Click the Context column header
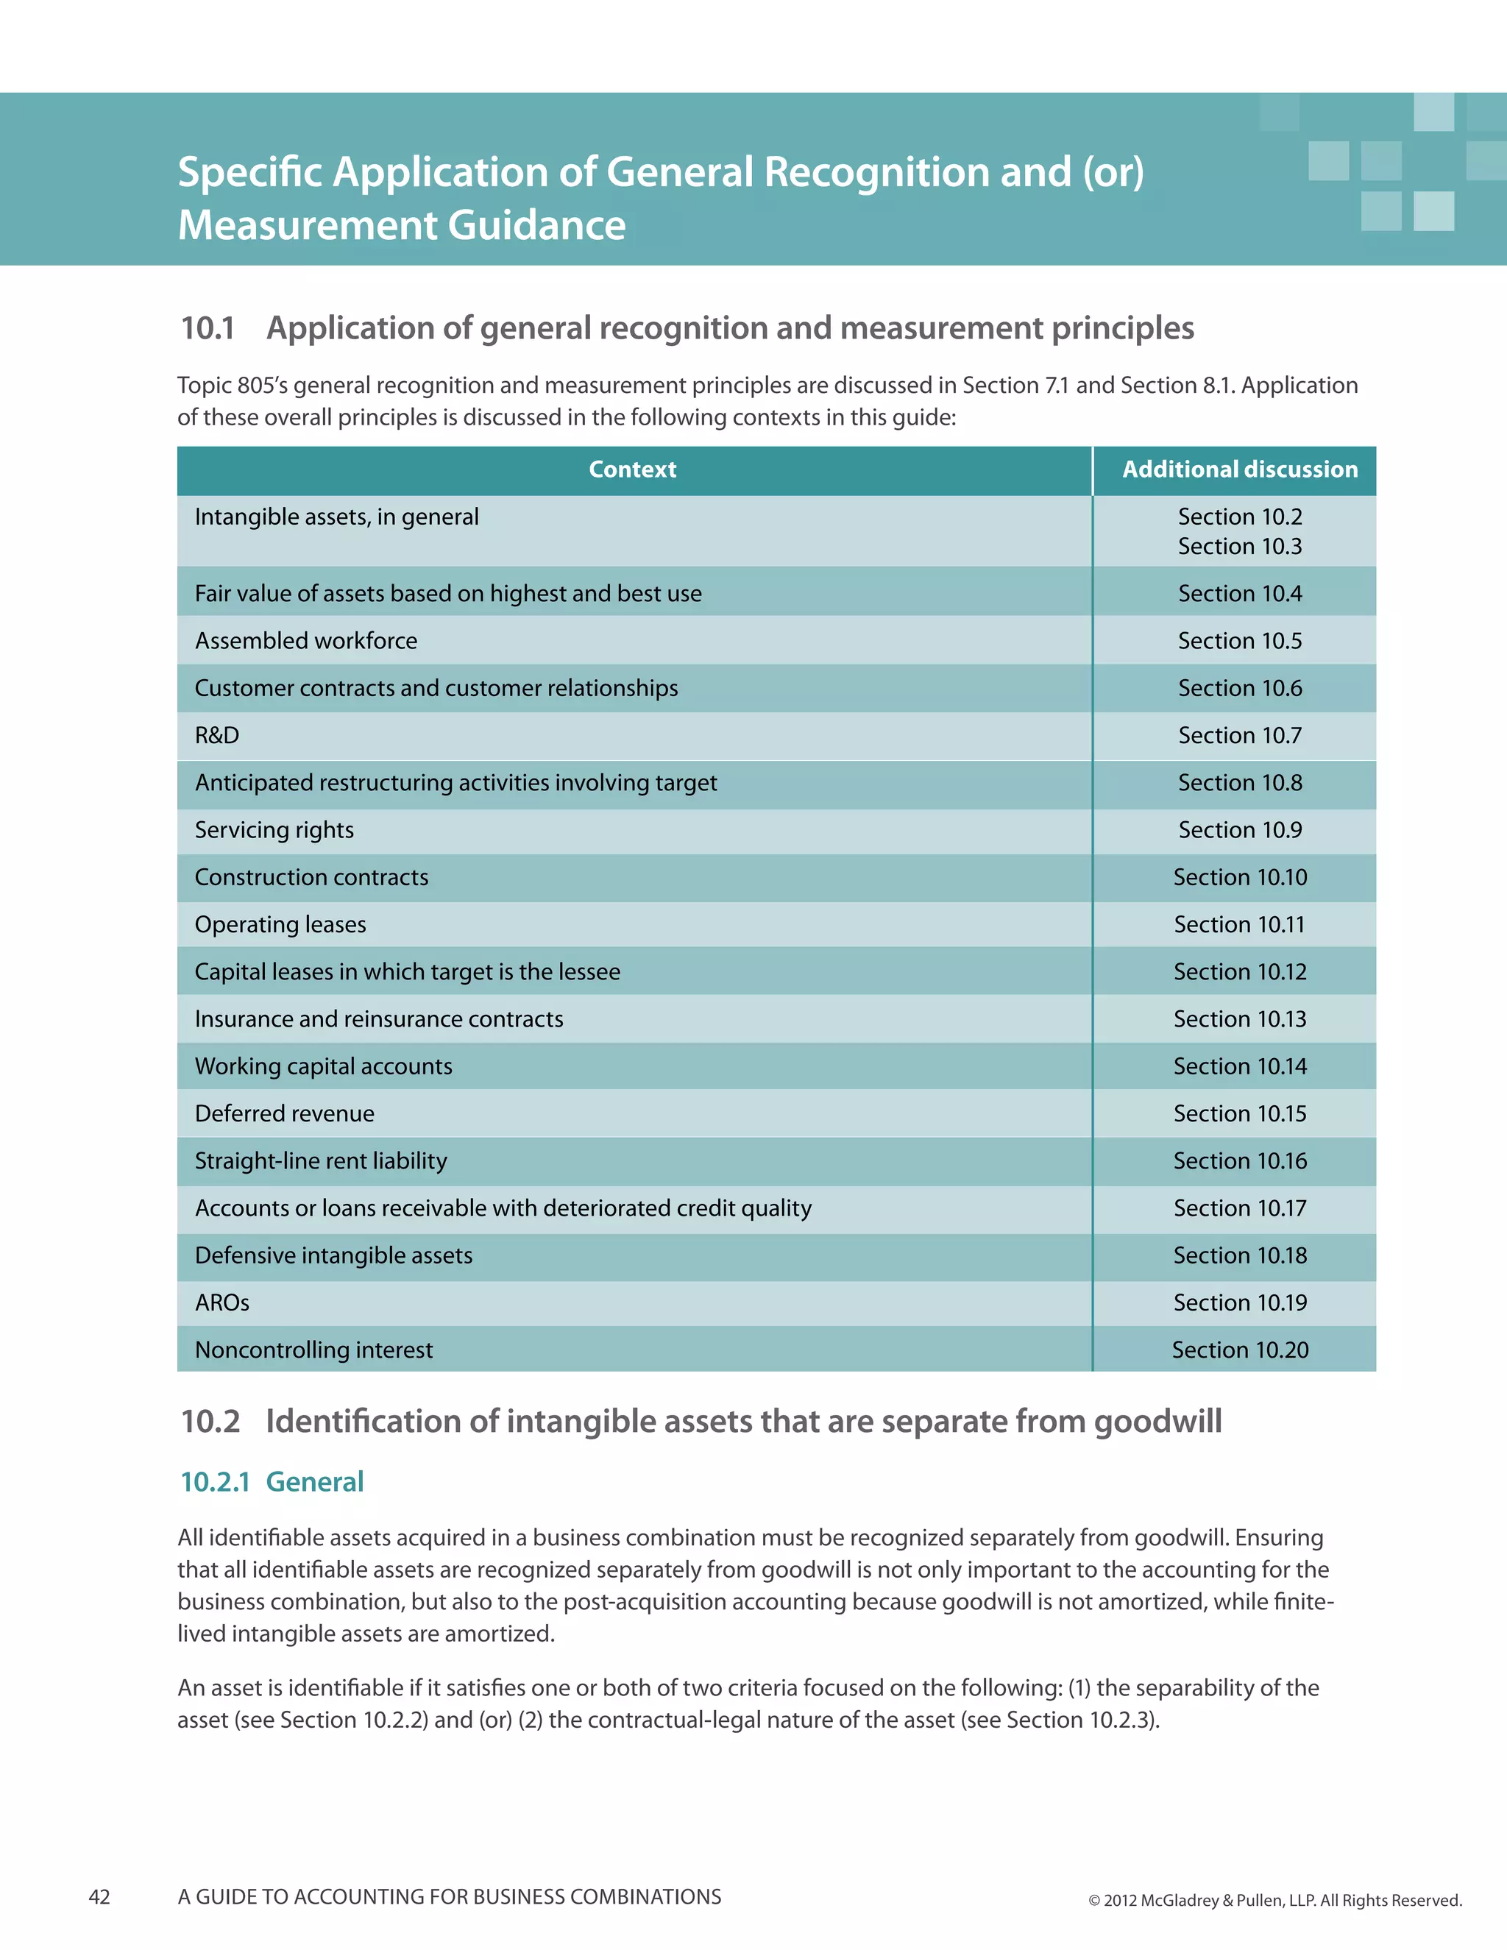tap(632, 469)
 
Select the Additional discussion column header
tap(1239, 469)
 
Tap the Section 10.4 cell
tap(1239, 594)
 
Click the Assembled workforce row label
tap(306, 641)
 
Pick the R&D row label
tap(217, 736)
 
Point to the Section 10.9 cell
tap(1239, 830)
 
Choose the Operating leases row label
tap(280, 925)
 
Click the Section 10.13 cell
tap(1239, 1020)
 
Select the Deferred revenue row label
tap(285, 1114)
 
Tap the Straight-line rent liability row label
tap(321, 1162)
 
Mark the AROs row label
tap(222, 1304)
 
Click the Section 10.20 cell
tap(1239, 1351)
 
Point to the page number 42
tap(99, 1897)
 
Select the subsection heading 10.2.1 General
tap(272, 1482)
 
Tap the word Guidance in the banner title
tap(536, 225)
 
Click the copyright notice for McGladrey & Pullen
tap(1274, 1901)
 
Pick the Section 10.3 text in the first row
tap(1239, 547)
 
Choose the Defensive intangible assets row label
tap(334, 1256)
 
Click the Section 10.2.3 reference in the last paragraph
tap(1081, 1720)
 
